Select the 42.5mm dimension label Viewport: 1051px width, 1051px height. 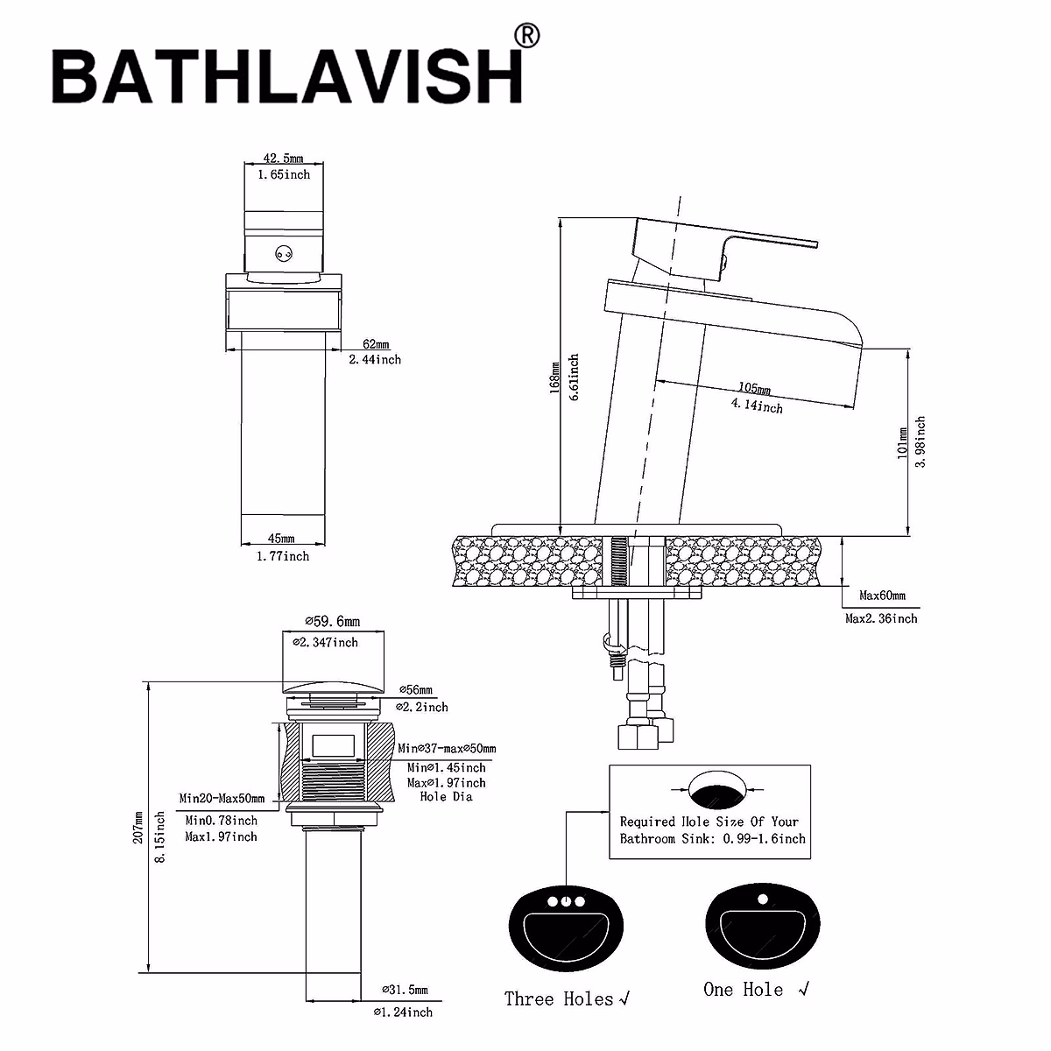283,159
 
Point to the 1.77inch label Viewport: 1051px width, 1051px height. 282,556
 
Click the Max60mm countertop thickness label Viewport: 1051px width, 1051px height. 881,596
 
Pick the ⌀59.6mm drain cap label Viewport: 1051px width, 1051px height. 332,622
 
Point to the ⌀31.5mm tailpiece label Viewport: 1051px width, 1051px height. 404,990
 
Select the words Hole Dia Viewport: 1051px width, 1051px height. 446,797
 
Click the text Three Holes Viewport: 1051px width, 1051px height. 558,998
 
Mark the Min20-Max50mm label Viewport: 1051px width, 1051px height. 222,798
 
